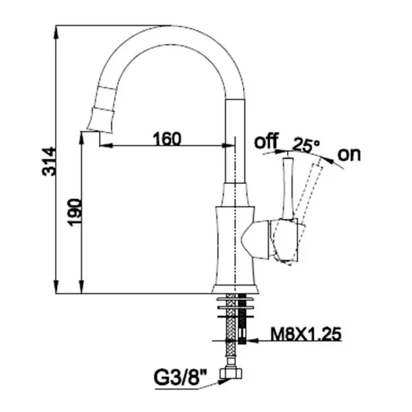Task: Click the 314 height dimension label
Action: click(x=49, y=161)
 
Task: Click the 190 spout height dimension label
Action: click(x=75, y=212)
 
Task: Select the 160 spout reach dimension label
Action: click(x=167, y=139)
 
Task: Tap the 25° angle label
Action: click(x=306, y=144)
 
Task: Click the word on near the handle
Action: click(x=350, y=154)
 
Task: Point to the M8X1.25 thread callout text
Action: click(x=306, y=334)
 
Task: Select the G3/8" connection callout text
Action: click(x=180, y=378)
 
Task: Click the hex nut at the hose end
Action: click(x=231, y=373)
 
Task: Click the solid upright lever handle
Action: click(x=288, y=189)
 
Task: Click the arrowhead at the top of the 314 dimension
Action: click(x=56, y=32)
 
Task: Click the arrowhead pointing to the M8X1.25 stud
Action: click(x=251, y=341)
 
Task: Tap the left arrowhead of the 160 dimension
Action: click(x=106, y=146)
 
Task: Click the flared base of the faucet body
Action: click(x=235, y=289)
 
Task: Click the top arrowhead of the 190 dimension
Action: click(x=82, y=139)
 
